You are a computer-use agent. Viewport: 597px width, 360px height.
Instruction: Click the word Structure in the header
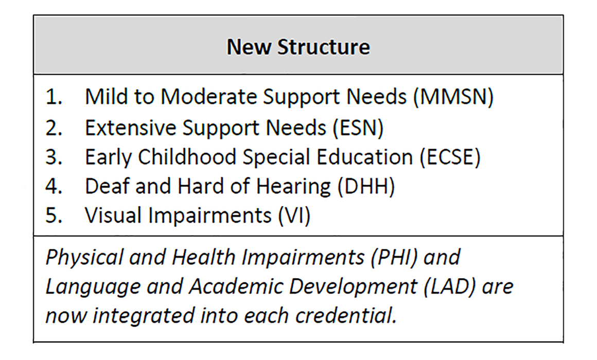click(x=324, y=47)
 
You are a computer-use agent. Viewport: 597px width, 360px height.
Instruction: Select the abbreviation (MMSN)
click(x=453, y=97)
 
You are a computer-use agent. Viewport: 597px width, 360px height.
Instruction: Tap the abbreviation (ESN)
click(x=358, y=128)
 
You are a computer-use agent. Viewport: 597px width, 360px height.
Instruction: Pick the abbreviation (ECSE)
click(x=450, y=157)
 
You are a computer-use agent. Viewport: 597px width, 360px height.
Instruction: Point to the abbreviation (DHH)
click(x=366, y=187)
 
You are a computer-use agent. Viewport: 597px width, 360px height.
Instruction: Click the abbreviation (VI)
click(x=294, y=215)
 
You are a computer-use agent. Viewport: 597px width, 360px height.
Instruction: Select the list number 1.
click(x=54, y=97)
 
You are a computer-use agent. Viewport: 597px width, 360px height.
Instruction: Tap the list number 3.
click(x=54, y=157)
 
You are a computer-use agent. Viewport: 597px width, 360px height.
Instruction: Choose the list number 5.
click(x=54, y=215)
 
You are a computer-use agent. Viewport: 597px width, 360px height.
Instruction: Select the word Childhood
click(x=187, y=157)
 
